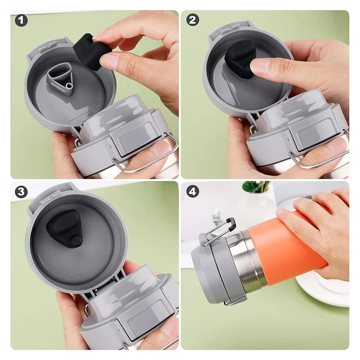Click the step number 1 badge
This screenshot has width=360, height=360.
pos(21,20)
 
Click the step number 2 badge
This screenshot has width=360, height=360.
pos(193,20)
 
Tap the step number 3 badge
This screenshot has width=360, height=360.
pos(21,192)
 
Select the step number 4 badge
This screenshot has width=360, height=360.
pos(193,192)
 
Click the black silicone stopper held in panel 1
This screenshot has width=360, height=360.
pos(91,52)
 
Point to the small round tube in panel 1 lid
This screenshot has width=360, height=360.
pos(69,86)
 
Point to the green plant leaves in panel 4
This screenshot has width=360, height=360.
pos(256,186)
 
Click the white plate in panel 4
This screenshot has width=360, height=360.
pos(326,289)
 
